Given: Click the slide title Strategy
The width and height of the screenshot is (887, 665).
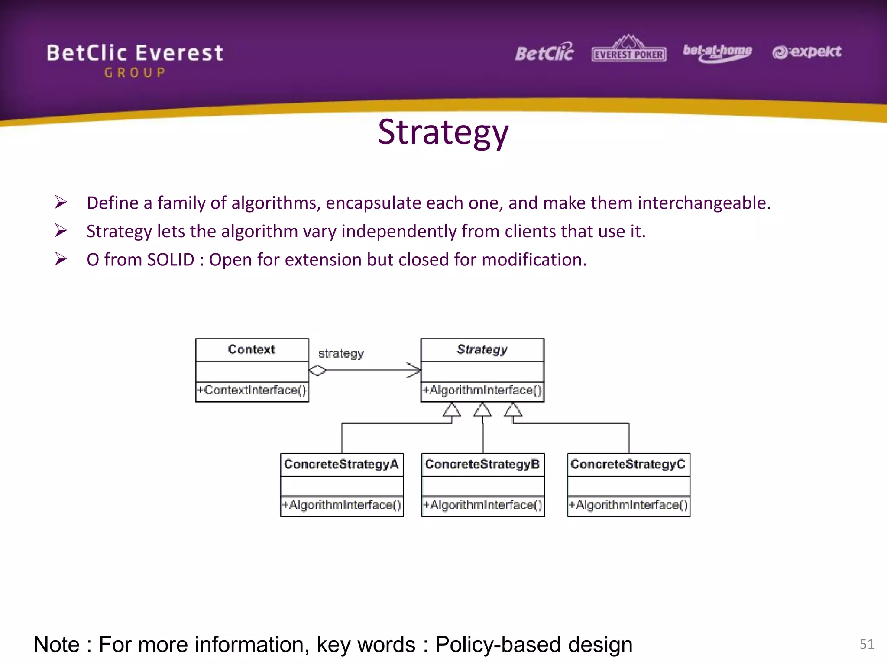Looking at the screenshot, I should tap(443, 132).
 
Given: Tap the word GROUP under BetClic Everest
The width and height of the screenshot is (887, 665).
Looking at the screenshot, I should tap(135, 73).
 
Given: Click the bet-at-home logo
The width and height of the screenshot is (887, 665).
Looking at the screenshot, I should tap(717, 52).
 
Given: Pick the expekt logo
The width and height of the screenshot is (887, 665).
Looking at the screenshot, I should tap(806, 52).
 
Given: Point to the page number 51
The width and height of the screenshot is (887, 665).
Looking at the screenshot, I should tap(866, 644).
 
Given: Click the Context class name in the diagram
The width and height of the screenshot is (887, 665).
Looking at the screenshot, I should tap(252, 349).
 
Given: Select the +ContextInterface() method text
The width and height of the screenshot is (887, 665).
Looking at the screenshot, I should tap(252, 390).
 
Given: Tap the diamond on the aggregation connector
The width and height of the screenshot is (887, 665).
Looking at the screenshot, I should tap(317, 371).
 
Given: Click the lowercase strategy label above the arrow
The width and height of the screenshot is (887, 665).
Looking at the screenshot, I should tap(341, 353).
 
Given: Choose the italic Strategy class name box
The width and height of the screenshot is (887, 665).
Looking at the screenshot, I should tap(482, 349).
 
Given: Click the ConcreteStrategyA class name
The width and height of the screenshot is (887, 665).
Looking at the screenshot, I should tap(341, 464).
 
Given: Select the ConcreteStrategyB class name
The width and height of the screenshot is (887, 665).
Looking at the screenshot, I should tap(482, 464).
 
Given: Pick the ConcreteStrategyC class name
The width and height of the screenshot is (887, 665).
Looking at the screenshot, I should tap(628, 464).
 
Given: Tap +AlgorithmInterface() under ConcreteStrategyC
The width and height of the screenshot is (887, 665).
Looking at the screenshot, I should tap(628, 505).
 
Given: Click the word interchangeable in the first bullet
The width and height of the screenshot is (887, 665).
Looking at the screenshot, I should tap(704, 203).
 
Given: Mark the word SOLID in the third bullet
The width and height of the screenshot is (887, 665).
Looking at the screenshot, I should tap(171, 260).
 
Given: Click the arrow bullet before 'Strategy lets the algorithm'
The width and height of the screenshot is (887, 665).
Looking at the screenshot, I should tap(61, 231).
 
